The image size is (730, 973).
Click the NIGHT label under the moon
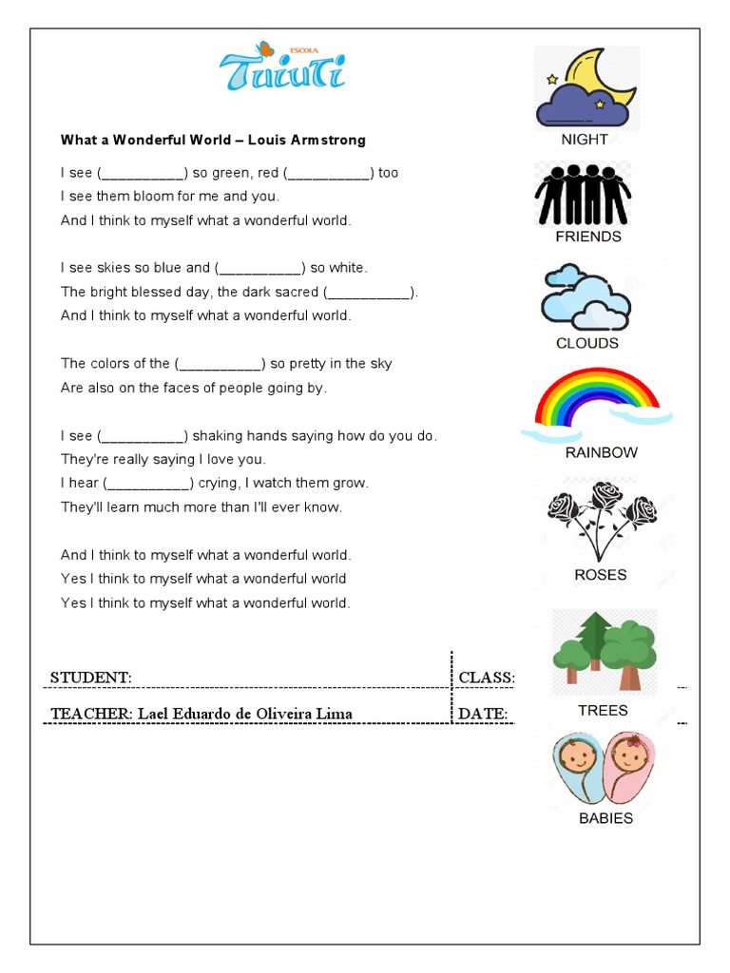[585, 139]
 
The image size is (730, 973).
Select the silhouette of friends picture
[582, 194]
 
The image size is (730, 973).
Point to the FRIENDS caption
[588, 237]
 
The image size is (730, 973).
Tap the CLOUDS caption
[586, 343]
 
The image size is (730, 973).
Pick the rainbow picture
[597, 405]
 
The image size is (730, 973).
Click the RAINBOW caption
[601, 452]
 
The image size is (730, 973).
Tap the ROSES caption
[601, 575]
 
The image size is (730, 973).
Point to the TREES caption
[603, 711]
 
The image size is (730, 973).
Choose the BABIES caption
[605, 818]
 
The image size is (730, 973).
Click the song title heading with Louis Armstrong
[213, 140]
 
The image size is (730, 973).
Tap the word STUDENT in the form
[90, 677]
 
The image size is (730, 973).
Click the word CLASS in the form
[485, 677]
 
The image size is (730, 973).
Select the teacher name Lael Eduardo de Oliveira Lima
[245, 714]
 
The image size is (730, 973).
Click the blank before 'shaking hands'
[144, 436]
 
